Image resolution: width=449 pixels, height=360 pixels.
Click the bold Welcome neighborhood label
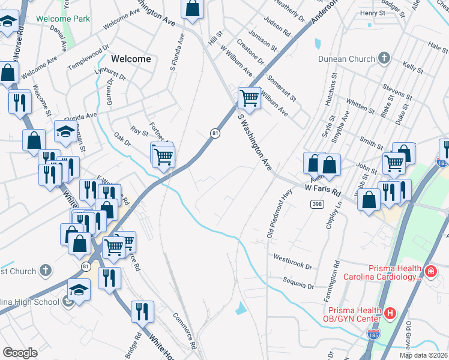[131, 59]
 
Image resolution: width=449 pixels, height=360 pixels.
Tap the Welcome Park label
[63, 19]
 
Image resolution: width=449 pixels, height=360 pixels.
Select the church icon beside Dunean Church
[384, 59]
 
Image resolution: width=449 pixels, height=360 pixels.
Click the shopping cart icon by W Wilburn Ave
[249, 97]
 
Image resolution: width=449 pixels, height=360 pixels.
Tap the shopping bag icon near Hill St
[193, 8]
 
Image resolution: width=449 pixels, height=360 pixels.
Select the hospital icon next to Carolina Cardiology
[430, 272]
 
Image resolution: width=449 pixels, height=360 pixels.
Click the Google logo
[20, 352]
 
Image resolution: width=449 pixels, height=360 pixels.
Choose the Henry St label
[373, 13]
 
